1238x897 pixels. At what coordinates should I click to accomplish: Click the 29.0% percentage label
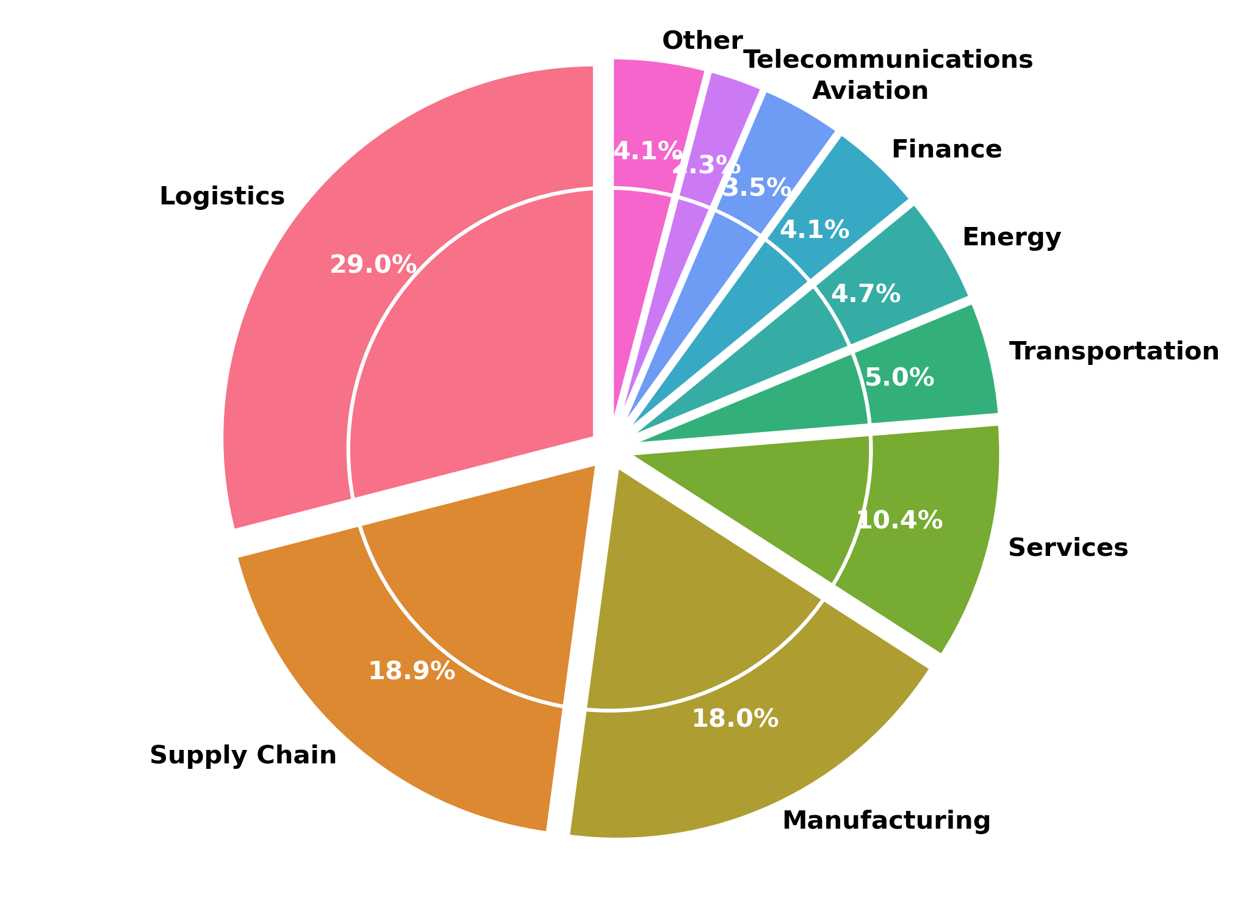click(373, 265)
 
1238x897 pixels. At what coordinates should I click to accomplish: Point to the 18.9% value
click(412, 672)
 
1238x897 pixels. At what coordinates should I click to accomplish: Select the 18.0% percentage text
click(735, 719)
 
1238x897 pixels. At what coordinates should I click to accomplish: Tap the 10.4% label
click(899, 521)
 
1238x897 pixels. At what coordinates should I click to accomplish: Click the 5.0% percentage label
click(899, 378)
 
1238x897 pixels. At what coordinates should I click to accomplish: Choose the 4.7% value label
click(866, 294)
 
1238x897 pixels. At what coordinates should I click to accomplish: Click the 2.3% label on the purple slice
click(706, 165)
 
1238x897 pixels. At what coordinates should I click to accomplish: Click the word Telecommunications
click(888, 60)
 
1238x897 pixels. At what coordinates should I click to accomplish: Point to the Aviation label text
click(870, 91)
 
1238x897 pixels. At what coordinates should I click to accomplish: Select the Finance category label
click(946, 149)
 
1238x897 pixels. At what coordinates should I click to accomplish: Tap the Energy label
click(1012, 237)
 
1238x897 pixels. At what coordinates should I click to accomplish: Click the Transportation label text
click(1114, 351)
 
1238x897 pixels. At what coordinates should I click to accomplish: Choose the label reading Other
click(702, 41)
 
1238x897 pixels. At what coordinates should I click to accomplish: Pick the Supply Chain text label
click(243, 755)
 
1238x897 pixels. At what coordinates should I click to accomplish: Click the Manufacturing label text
click(886, 821)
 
